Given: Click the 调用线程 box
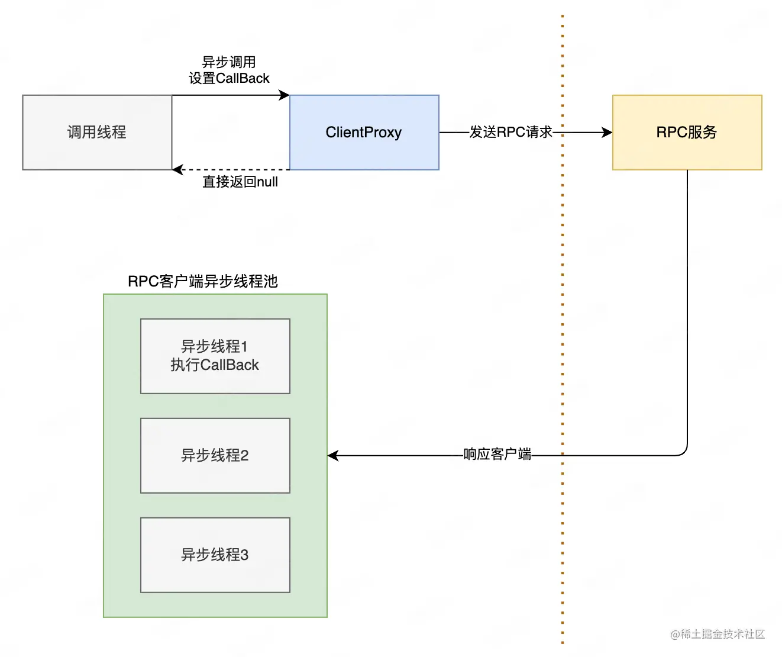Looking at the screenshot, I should pos(97,133).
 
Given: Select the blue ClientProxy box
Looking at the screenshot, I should pos(364,133).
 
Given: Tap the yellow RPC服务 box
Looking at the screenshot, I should pos(687,133).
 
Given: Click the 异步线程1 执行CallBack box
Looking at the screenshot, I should pos(215,356).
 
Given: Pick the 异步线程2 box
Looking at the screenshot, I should pos(215,455).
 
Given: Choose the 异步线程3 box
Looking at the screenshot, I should pos(215,555).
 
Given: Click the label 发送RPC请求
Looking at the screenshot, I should pos(510,132).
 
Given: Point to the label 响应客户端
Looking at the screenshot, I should pos(497,454).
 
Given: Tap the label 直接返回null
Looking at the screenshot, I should pos(240,182).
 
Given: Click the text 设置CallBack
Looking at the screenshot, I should pos(229,78).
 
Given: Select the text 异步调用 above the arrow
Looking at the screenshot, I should pos(229,62).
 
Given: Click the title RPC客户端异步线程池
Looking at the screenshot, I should pos(202,281).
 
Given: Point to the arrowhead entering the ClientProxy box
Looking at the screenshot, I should pos(285,95).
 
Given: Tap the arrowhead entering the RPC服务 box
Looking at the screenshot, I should pos(607,133).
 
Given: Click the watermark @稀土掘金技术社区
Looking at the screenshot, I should pos(717,634).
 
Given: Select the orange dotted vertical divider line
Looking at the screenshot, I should pos(563,296).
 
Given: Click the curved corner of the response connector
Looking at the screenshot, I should pos(684,452).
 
